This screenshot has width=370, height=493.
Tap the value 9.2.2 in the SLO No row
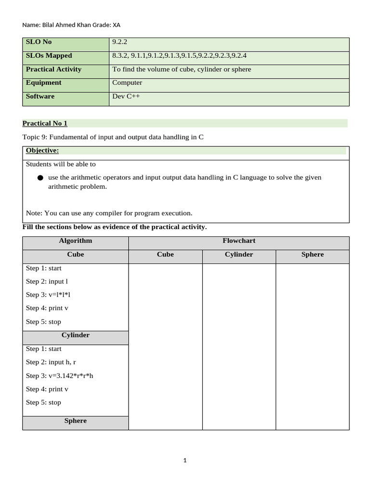(x=120, y=42)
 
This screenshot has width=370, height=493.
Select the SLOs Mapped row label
(x=49, y=56)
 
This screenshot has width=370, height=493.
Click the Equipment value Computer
(x=127, y=83)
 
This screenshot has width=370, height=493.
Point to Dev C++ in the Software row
(x=126, y=96)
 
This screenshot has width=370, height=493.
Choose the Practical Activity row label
(x=53, y=69)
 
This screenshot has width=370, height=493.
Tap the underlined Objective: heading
(x=42, y=151)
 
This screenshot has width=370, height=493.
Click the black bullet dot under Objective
(x=40, y=178)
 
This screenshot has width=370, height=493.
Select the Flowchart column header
(x=239, y=241)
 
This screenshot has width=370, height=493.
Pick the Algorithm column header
(x=75, y=241)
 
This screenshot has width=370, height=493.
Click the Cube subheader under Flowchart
(x=165, y=255)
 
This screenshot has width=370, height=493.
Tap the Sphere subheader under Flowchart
(x=312, y=255)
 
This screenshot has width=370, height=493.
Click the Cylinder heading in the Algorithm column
(x=75, y=335)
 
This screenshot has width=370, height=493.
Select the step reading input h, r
(x=62, y=362)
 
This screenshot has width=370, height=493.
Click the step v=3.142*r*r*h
(x=71, y=376)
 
